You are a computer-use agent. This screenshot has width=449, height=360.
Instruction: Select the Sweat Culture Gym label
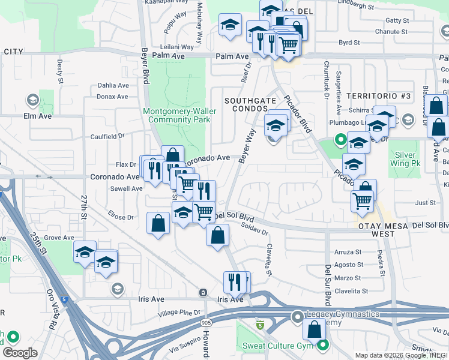click(278, 346)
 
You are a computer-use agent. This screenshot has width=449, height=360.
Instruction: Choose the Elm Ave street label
click(38, 115)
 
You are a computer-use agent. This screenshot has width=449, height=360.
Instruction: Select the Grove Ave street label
click(59, 238)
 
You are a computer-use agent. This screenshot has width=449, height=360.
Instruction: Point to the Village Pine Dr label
click(179, 313)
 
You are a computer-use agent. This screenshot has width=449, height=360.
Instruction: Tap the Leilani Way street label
click(177, 46)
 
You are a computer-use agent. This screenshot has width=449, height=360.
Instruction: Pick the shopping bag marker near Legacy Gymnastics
click(315, 329)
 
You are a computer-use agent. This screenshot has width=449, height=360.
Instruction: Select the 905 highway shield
click(206, 323)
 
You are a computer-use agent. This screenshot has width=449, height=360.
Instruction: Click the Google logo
click(20, 353)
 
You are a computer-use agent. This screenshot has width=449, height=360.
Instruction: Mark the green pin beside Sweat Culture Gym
click(324, 345)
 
